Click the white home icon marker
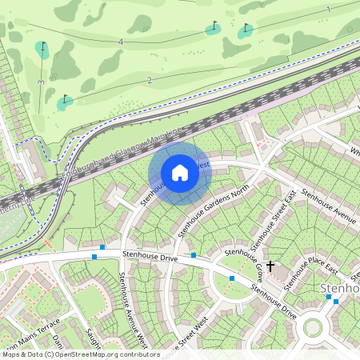(179, 172)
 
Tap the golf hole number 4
(120, 41)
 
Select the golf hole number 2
(150, 80)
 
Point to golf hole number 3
(40, 82)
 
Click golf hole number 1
(329, 9)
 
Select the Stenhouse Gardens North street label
(214, 207)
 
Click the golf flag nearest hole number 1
(246, 30)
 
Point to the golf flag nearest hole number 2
(65, 102)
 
